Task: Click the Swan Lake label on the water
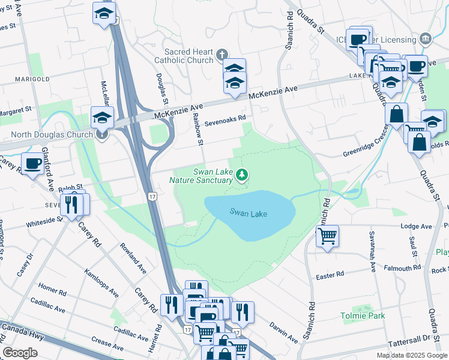[x=248, y=213]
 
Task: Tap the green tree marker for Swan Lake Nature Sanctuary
[x=243, y=175]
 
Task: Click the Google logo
[x=20, y=353]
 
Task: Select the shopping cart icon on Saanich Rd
[x=327, y=235]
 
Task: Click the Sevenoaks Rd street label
[x=225, y=119]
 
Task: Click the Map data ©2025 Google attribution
[x=411, y=355]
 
